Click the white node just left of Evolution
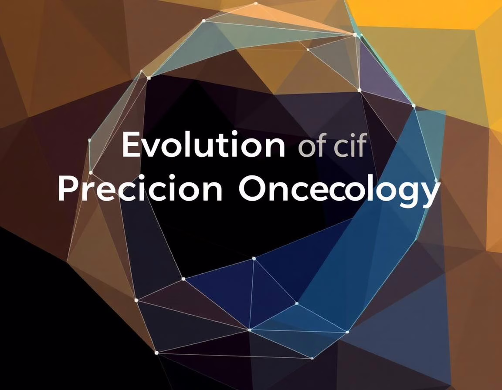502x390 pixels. pyautogui.click(x=89, y=140)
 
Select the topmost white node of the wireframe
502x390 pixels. pyautogui.click(x=255, y=3)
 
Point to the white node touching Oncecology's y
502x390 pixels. pyautogui.click(x=436, y=180)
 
